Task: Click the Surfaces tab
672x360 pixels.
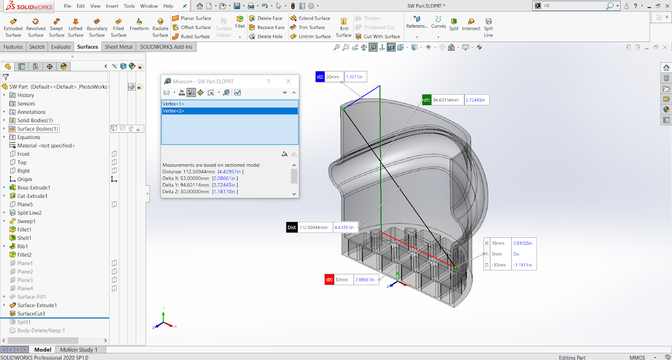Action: coord(87,47)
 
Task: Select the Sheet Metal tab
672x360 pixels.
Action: coord(118,47)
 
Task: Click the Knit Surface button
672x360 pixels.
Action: coord(344,28)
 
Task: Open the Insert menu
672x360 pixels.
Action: coord(112,6)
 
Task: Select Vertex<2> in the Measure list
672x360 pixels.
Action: coord(173,111)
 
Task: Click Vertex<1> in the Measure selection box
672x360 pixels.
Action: coord(173,104)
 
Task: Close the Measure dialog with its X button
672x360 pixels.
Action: coord(288,81)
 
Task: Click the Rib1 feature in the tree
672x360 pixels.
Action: coord(23,247)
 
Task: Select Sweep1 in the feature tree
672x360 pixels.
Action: coord(26,221)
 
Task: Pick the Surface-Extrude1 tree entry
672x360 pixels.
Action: coord(37,305)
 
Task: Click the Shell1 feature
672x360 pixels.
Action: coord(24,238)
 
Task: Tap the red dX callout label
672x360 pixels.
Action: coord(329,280)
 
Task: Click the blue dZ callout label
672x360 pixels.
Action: coord(320,77)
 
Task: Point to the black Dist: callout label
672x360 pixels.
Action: coord(292,228)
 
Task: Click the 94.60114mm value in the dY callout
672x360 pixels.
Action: coord(446,100)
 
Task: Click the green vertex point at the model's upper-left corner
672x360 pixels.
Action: coord(343,109)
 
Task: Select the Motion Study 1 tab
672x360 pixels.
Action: coord(79,349)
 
